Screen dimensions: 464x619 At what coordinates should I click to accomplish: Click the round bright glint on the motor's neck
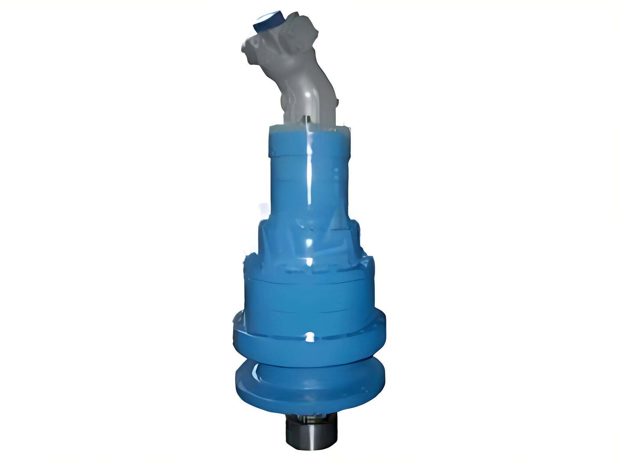point(308,95)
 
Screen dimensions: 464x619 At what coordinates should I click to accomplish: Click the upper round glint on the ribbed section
point(309,242)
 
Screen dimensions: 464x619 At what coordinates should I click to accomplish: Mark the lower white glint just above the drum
point(309,262)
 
